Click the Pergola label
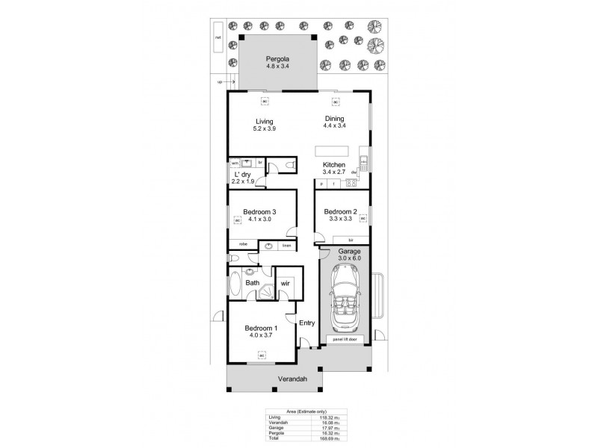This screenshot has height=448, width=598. point(277,59)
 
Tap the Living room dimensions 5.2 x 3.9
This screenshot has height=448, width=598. point(264,128)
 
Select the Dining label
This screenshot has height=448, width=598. point(333,118)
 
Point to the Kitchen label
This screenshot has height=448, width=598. point(333,164)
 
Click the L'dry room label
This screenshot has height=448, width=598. point(241,173)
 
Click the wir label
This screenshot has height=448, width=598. point(286,283)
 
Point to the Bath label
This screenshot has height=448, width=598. point(253,283)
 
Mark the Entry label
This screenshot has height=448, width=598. point(306,323)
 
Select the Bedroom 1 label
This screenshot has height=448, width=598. point(262,329)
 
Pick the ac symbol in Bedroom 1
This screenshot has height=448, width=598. point(262,355)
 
